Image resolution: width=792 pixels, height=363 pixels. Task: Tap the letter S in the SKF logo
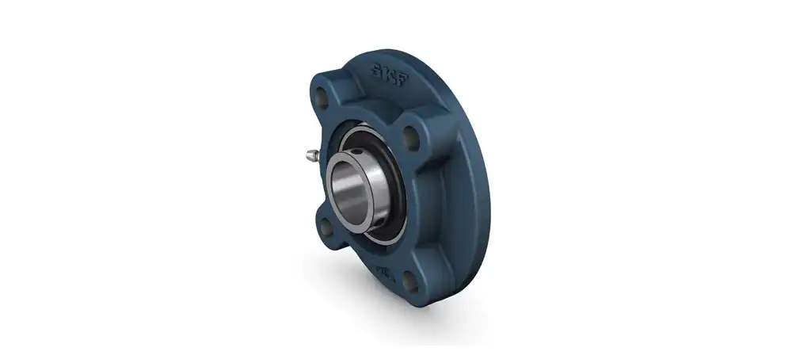382,67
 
